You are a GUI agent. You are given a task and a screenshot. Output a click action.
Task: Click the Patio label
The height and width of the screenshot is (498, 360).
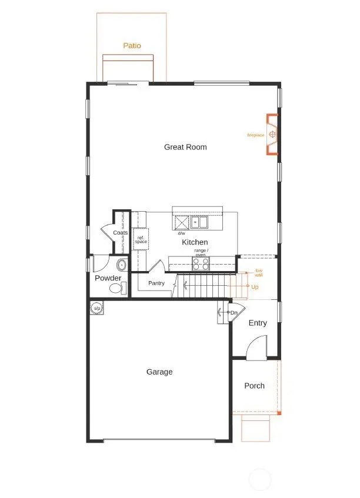[132, 45]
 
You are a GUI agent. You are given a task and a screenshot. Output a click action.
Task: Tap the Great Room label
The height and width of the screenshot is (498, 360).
[185, 147]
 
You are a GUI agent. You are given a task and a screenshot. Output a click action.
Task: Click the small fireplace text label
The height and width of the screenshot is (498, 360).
[255, 135]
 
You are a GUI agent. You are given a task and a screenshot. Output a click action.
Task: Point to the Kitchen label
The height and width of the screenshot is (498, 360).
[195, 242]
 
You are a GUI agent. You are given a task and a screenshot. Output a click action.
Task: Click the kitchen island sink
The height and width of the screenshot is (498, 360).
[198, 223]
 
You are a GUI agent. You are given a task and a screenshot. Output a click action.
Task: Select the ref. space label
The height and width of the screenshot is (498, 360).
[141, 240]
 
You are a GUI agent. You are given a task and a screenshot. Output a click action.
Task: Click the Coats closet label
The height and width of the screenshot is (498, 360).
[121, 233]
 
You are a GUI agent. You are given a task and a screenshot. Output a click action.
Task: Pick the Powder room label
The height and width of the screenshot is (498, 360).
[108, 278]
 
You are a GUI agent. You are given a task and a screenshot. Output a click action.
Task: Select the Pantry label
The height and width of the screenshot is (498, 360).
[156, 283]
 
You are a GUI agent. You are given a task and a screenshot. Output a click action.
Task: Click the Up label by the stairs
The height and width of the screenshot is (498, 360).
[255, 287]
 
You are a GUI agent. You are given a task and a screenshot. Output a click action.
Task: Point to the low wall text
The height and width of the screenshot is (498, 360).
[258, 273]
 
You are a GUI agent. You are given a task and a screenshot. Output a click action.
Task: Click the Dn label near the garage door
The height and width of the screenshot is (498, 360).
[234, 312]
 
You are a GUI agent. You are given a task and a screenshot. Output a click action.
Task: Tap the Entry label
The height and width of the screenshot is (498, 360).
[258, 323]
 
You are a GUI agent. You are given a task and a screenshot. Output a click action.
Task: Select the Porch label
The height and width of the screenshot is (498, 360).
[254, 386]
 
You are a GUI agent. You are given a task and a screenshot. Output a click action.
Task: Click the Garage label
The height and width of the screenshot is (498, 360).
[159, 372]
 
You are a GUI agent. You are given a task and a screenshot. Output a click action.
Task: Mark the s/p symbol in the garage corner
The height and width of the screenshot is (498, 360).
[96, 308]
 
